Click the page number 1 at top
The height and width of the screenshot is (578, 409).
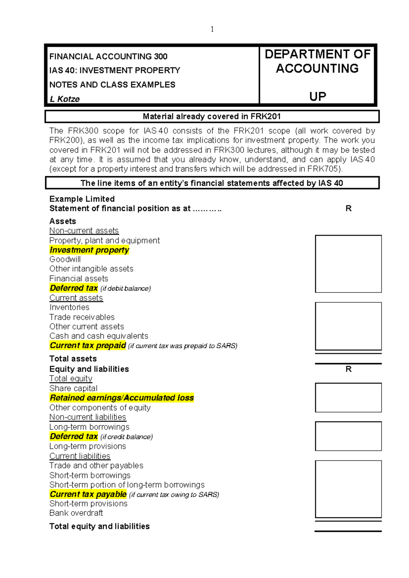212,29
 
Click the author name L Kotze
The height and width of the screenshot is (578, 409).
64,99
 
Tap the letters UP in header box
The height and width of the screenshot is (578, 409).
318,97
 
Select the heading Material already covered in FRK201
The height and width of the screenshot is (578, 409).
212,117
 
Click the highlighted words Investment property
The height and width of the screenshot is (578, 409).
89,250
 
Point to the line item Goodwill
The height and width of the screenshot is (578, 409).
65,259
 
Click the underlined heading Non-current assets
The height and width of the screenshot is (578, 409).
84,231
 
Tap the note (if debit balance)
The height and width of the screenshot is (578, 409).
125,289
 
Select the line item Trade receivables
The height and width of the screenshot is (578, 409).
82,317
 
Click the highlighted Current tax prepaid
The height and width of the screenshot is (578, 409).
88,346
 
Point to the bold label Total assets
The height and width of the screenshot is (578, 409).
73,359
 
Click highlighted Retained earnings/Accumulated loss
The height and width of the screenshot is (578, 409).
122,398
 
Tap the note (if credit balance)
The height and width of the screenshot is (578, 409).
126,437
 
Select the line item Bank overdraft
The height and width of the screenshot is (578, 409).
76,513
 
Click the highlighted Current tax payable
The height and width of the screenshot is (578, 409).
88,494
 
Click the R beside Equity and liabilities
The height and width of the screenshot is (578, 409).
348,369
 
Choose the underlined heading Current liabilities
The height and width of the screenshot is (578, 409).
80,456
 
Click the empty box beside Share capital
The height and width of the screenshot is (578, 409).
348,397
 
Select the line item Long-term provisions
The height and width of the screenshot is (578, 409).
88,446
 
